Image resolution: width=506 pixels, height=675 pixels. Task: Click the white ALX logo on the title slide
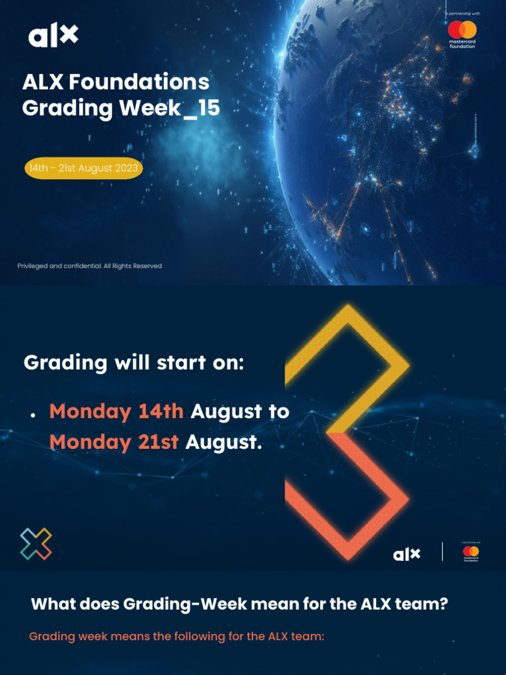tap(53, 36)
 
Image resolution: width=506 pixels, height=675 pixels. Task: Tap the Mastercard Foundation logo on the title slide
tap(462, 33)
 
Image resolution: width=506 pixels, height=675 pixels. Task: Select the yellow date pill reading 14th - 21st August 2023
tap(84, 168)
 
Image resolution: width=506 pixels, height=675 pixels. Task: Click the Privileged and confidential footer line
tap(90, 266)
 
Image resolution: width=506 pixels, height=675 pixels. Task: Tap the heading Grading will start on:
tap(134, 363)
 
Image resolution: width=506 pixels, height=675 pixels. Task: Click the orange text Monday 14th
tap(116, 411)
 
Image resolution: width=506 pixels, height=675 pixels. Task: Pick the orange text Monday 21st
tap(113, 442)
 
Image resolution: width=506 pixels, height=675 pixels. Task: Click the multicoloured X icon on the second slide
tap(36, 544)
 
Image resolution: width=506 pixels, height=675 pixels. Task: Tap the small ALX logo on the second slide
tap(407, 554)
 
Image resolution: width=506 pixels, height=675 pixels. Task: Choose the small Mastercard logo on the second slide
tap(470, 552)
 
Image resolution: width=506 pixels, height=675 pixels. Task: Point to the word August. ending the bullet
tap(223, 442)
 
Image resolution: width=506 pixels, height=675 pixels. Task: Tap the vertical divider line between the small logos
tap(442, 552)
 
